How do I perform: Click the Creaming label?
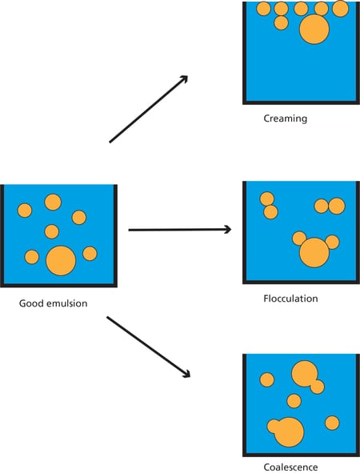point(285,118)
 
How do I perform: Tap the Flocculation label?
point(290,299)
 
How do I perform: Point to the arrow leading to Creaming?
point(148,109)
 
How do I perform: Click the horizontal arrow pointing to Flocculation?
point(179,230)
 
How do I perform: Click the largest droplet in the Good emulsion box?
point(61,261)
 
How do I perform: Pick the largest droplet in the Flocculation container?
point(314,252)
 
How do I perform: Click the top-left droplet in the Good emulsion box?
point(25,210)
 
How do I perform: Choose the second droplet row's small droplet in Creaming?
point(281,23)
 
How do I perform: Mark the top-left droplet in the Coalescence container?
point(266,379)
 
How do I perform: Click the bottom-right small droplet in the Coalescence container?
point(332,423)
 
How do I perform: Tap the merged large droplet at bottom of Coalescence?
point(287,431)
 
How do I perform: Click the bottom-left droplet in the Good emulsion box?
point(32,257)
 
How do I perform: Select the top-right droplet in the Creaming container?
point(340,9)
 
